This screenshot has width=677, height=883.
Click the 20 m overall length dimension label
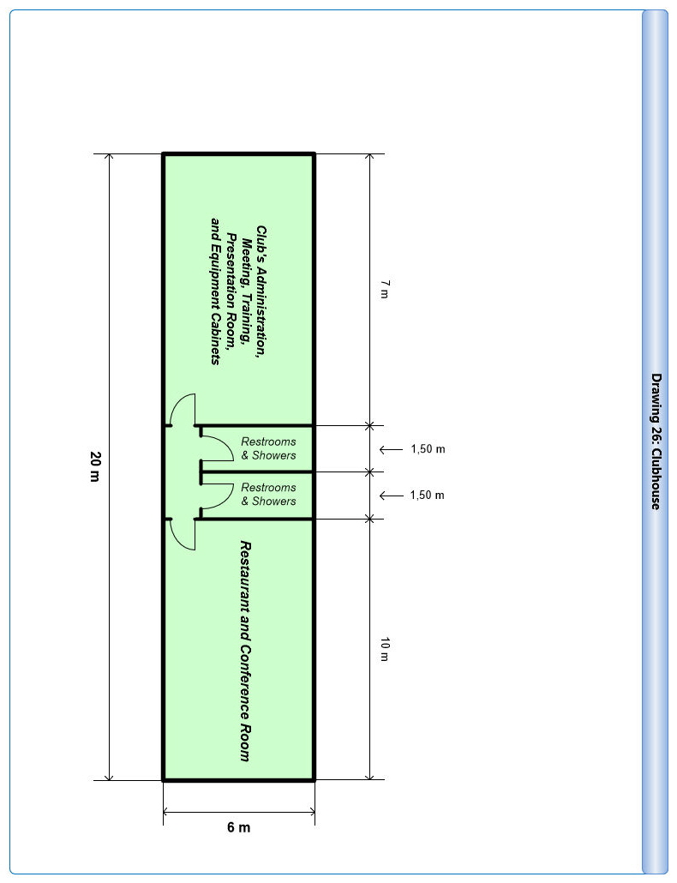94,466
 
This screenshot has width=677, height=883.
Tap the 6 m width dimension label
238,827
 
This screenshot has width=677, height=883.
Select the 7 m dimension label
384,289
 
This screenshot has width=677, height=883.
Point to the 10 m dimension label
384,649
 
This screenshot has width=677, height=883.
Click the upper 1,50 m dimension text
428,449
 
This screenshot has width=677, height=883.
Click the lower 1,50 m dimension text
427,495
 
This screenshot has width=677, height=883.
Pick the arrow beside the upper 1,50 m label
391,449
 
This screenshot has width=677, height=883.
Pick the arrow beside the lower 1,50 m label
391,496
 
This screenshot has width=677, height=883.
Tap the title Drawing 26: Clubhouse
656,441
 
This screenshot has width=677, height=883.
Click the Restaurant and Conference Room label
245,651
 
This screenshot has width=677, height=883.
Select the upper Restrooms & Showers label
268,448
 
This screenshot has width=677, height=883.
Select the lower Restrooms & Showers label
268,495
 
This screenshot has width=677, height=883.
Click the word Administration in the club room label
261,303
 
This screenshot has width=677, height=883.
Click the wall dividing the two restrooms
256,472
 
